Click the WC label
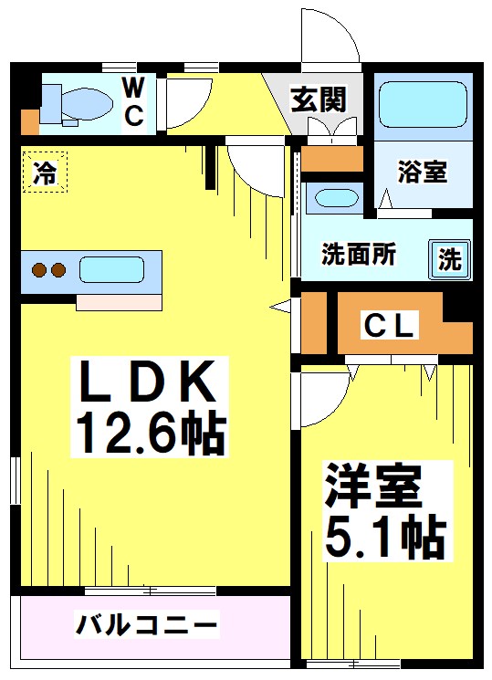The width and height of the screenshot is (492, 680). pyautogui.click(x=133, y=102)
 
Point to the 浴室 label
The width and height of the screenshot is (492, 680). pyautogui.click(x=423, y=172)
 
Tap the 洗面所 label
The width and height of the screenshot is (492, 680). pyautogui.click(x=358, y=256)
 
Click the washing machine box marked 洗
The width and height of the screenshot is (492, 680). pyautogui.click(x=450, y=259)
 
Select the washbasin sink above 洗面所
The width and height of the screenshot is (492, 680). pyautogui.click(x=334, y=198)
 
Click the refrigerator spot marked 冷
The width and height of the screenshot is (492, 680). pyautogui.click(x=44, y=172)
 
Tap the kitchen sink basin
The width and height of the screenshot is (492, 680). pyautogui.click(x=111, y=270)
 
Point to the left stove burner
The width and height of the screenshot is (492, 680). pyautogui.click(x=39, y=270)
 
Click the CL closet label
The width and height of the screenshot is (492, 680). pyautogui.click(x=391, y=324)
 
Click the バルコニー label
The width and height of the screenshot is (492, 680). pyautogui.click(x=147, y=626)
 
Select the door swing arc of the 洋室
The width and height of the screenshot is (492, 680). pyautogui.click(x=319, y=402)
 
